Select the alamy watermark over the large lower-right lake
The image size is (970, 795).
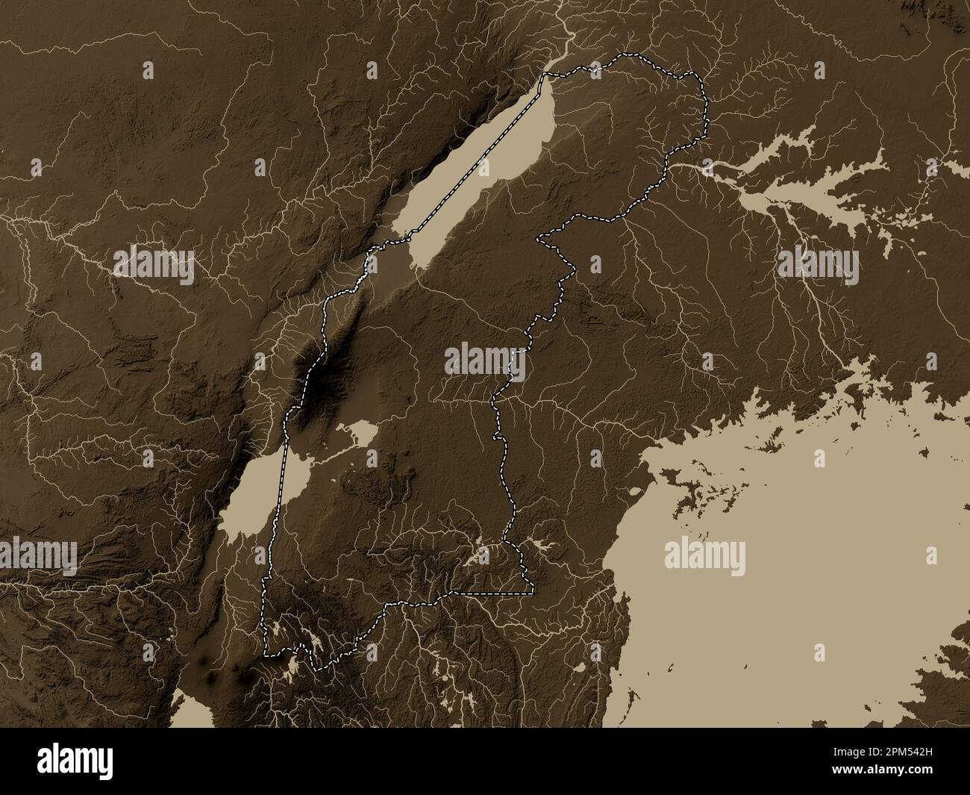pyautogui.click(x=704, y=557)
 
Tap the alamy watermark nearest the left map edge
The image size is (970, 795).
pyautogui.click(x=39, y=557)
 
